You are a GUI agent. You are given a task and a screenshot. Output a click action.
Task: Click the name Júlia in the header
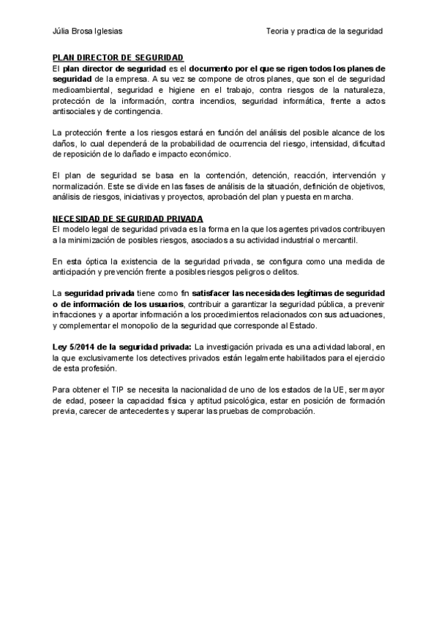click(x=62, y=31)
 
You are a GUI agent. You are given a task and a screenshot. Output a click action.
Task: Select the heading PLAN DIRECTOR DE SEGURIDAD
click(x=118, y=57)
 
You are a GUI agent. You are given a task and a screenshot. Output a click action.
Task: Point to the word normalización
click(x=78, y=186)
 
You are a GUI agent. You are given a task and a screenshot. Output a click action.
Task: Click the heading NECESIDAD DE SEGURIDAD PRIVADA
click(x=127, y=219)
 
